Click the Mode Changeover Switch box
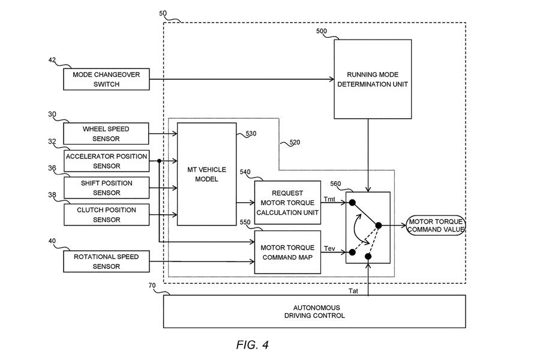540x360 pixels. point(106,79)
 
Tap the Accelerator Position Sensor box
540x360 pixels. point(106,161)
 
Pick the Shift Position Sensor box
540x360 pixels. point(106,187)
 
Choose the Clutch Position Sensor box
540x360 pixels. point(106,215)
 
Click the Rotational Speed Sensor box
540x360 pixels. point(106,262)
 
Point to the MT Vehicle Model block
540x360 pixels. point(206,174)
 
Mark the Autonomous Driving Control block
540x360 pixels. point(314,311)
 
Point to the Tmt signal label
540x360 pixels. point(330,199)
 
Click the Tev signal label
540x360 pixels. point(329,248)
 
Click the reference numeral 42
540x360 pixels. point(52,60)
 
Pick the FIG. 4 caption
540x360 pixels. point(252,344)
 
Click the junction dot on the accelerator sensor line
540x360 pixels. point(159,161)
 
